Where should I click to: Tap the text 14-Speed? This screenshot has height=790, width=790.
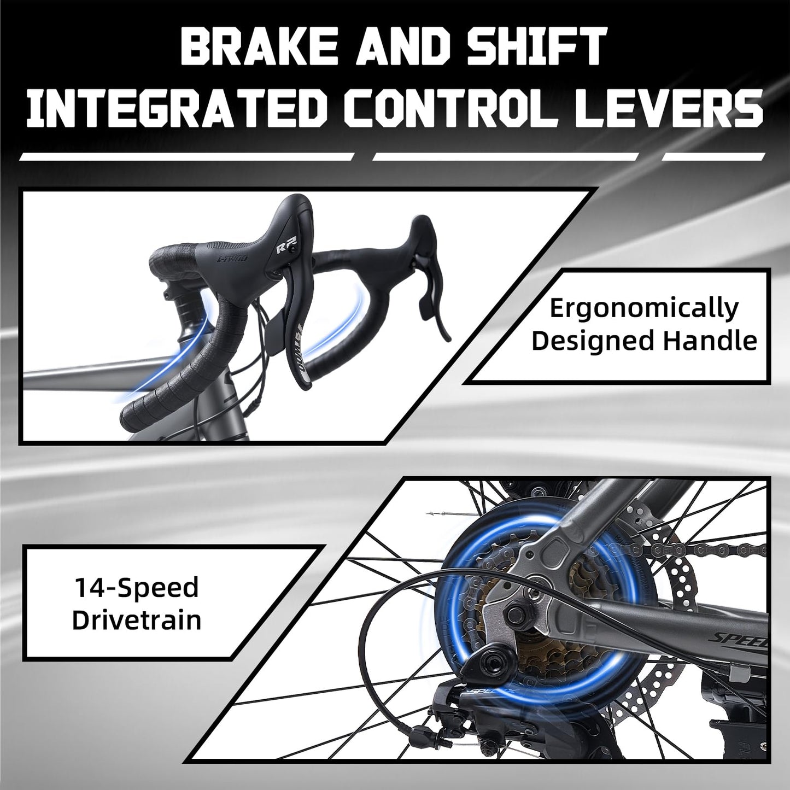[x=136, y=588]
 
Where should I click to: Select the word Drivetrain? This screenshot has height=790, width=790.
[x=137, y=620]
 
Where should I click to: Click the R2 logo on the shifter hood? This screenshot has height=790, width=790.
[x=286, y=248]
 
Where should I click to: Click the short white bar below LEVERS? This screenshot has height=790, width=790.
[x=713, y=156]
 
